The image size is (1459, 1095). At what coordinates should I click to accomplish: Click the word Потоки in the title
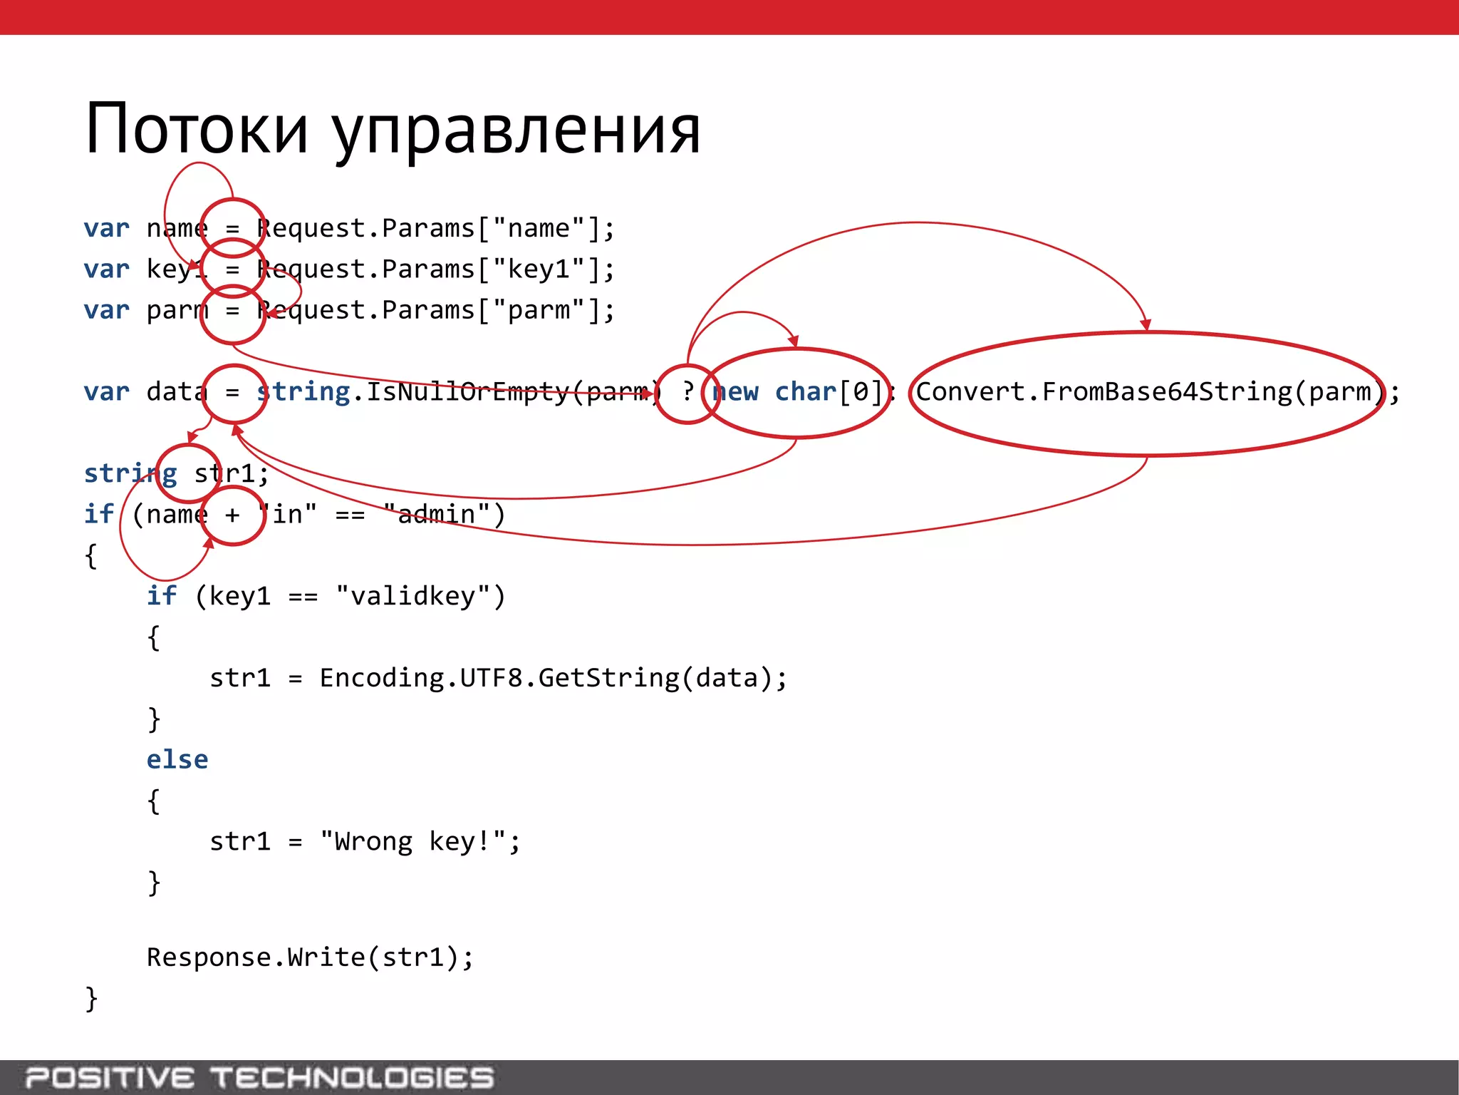pyautogui.click(x=197, y=129)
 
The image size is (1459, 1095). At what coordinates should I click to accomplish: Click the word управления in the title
pyautogui.click(x=516, y=132)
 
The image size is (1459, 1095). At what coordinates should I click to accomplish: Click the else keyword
pyautogui.click(x=177, y=760)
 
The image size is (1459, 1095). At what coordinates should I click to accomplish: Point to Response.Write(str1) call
pyautogui.click(x=309, y=957)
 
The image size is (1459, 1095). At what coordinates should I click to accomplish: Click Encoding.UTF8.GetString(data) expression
pyautogui.click(x=552, y=678)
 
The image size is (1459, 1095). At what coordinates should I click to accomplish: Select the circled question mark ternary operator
pyautogui.click(x=687, y=392)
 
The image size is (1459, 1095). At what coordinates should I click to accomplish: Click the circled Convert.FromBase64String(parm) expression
pyautogui.click(x=1147, y=393)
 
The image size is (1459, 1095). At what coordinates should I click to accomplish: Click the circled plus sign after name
pyautogui.click(x=233, y=515)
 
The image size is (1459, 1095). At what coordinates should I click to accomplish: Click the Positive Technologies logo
pyautogui.click(x=259, y=1078)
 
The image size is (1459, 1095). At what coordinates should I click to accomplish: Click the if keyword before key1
pyautogui.click(x=162, y=596)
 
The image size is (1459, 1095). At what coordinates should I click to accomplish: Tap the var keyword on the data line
pyautogui.click(x=107, y=392)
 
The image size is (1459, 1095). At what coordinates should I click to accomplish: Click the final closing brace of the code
pyautogui.click(x=91, y=999)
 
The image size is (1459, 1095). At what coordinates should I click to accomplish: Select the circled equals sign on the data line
pyautogui.click(x=233, y=393)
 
